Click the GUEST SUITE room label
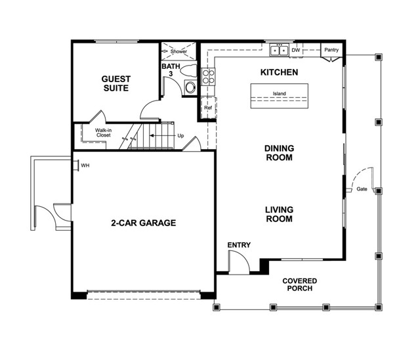(115, 83)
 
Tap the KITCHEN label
(280, 72)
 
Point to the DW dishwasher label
(296, 50)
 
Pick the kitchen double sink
(279, 50)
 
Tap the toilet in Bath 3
(190, 86)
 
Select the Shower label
(178, 51)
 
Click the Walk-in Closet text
(102, 133)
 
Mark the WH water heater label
(85, 166)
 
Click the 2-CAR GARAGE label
(143, 223)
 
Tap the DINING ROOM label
(279, 153)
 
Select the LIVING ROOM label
(279, 214)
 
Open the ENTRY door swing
(238, 263)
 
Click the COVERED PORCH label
(299, 284)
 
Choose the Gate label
(362, 189)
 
